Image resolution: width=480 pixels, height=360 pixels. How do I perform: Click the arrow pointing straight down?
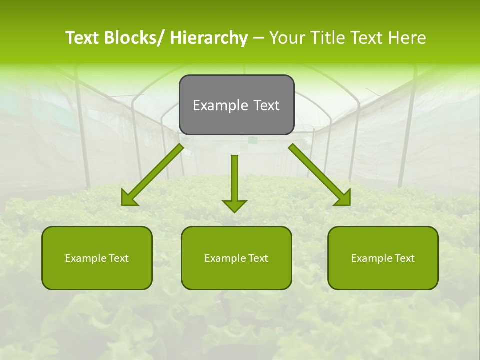point(234,182)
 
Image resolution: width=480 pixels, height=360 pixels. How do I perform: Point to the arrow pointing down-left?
point(152,175)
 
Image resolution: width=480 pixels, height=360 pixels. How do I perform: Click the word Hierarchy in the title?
point(208,38)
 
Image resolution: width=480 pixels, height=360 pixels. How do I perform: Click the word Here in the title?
point(408,38)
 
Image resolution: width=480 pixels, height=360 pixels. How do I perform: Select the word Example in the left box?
point(83,258)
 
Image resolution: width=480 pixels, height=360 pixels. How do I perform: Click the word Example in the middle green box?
point(222,258)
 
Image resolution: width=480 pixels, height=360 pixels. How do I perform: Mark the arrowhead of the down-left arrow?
point(128,199)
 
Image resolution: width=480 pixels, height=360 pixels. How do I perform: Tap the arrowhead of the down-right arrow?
point(343,199)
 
